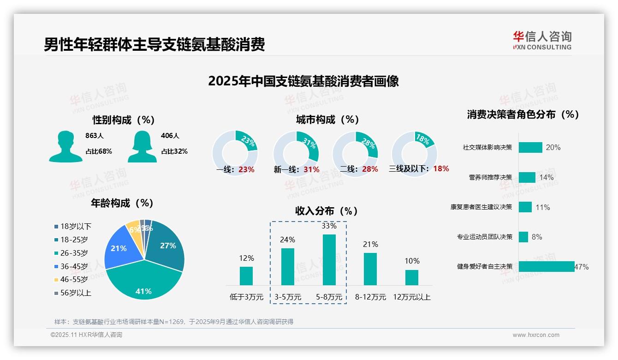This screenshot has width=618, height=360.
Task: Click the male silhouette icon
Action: point(65,146)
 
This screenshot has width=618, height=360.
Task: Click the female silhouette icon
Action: point(142,146)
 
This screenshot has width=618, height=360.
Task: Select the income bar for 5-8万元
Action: point(329,259)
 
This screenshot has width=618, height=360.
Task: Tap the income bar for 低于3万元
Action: point(246,276)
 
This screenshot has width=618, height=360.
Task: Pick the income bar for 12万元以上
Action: point(411,277)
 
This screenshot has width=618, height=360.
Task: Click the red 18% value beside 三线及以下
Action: point(441,168)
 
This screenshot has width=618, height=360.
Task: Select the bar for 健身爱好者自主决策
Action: point(547,266)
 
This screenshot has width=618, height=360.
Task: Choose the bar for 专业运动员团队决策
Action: point(523,237)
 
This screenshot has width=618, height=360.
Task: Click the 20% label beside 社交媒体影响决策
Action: point(553,147)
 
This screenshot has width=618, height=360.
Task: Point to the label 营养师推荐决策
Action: point(490,177)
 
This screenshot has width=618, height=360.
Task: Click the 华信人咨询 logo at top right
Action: point(542,40)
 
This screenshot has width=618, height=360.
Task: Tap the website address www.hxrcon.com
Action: point(536,335)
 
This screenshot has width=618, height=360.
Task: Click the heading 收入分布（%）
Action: point(327,211)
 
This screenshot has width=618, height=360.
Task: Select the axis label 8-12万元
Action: point(370,297)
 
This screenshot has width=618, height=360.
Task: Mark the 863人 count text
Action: point(95,136)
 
